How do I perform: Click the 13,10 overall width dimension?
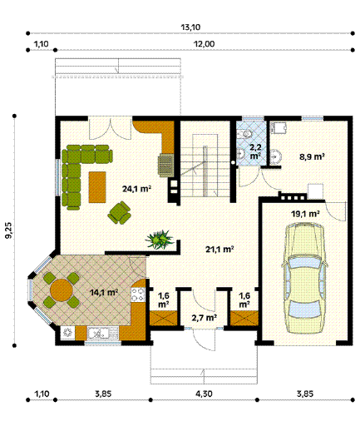pos(190,27)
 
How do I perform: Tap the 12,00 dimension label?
pos(204,44)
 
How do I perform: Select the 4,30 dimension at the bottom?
pos(204,394)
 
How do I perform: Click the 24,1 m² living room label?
pos(136,189)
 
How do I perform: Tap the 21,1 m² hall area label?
pos(219,250)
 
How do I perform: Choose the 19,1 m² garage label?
pos(305,214)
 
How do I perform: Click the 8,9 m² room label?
pos(312,156)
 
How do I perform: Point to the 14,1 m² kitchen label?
pos(104,292)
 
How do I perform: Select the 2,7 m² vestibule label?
pos(205,318)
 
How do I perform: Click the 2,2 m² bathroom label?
pos(255,151)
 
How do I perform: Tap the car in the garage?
pos(304,279)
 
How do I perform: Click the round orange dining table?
pos(62,290)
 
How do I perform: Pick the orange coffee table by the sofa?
pos(97,187)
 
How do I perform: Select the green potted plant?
pos(160,239)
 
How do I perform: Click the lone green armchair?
pos(120,213)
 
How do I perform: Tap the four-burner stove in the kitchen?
pos(138,295)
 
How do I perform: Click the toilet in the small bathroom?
pos(245,134)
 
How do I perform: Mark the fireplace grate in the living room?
pos(165,166)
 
